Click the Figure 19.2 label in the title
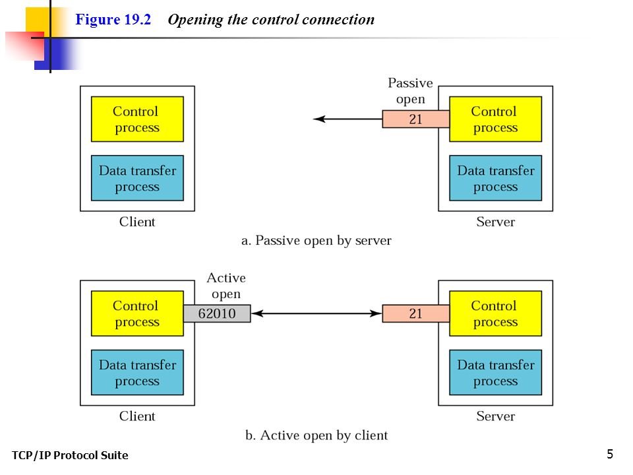pos(113,19)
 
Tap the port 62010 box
pos(217,313)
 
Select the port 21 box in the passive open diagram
pos(416,119)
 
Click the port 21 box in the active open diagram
pos(416,313)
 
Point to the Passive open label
pos(411,91)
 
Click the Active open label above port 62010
pos(226,286)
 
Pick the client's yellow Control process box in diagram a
pos(137,119)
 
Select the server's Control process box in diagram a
pos(496,119)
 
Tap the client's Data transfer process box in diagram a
pos(137,178)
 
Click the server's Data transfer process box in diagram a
pos(496,178)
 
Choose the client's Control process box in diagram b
pos(137,313)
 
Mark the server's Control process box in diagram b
pos(496,313)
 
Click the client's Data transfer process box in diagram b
pos(137,372)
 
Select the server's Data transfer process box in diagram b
pos(496,372)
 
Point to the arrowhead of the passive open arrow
pos(314,119)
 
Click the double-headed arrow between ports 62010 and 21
pos(316,313)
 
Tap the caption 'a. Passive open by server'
pos(316,241)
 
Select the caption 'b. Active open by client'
pos(316,435)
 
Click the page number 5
pos(610,454)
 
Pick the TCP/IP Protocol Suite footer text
pos(70,455)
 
